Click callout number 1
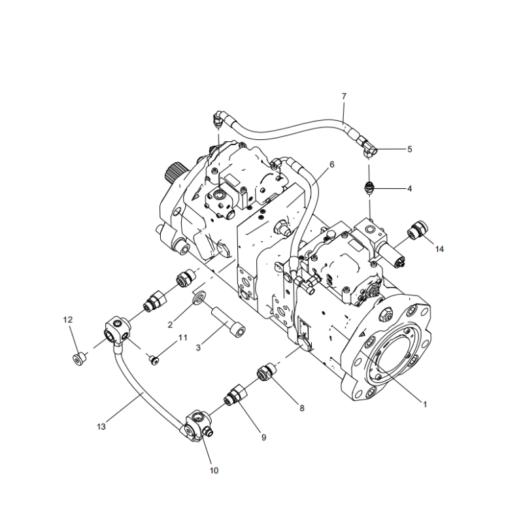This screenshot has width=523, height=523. [425, 405]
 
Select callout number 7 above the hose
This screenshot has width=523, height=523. [345, 97]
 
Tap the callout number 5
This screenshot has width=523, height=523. [410, 149]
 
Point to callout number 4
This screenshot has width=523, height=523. [410, 188]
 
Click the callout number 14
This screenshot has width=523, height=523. [439, 249]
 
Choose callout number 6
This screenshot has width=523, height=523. [331, 164]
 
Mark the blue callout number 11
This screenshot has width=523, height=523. [183, 337]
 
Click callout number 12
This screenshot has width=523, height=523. [68, 320]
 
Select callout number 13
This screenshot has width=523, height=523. [101, 427]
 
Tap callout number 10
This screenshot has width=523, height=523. [214, 470]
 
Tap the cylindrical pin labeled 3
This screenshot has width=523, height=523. [228, 325]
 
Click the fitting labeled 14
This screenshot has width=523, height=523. [416, 232]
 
